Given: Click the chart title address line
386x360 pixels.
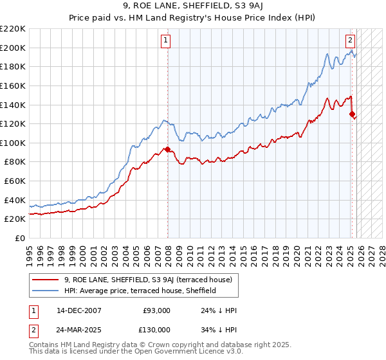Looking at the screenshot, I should point(193,6).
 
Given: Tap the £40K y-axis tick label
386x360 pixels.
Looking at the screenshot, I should point(15,200).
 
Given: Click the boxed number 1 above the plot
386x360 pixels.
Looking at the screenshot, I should point(165,40).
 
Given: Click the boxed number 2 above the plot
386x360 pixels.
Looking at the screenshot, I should point(350,40).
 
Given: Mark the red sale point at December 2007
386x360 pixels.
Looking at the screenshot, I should point(168,150).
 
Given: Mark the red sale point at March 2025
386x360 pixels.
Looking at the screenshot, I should point(352,114).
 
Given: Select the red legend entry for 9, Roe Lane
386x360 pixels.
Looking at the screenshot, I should point(152,279).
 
